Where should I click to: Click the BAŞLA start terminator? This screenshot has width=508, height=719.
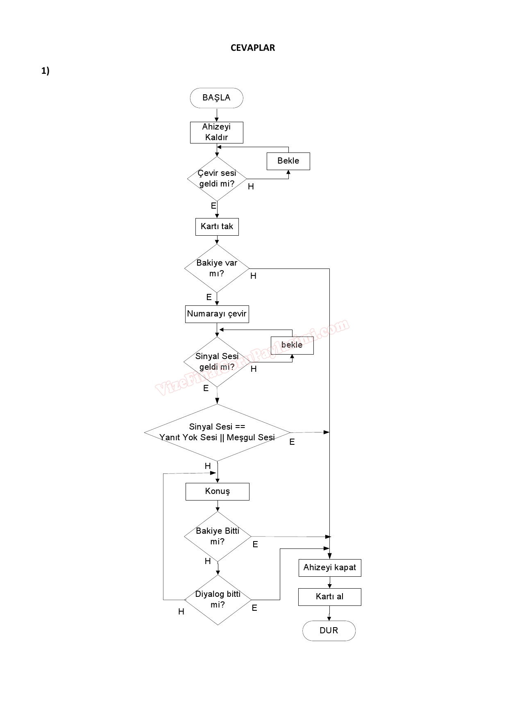[x=216, y=98]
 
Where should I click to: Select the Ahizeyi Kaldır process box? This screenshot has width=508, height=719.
[x=216, y=132]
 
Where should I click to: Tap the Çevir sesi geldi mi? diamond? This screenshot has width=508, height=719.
[x=217, y=179]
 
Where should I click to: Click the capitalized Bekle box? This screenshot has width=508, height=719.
[x=288, y=161]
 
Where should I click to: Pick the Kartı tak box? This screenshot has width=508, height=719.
[x=217, y=227]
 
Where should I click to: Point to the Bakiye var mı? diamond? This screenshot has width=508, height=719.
[x=217, y=268]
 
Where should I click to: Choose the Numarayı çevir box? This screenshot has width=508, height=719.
[x=217, y=314]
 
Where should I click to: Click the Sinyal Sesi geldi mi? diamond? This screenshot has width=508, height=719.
[x=217, y=362]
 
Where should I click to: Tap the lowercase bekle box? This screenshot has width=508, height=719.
[x=292, y=345]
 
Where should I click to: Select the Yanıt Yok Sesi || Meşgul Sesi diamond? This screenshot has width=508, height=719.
[x=217, y=432]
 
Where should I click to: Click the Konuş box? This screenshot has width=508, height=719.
[x=217, y=491]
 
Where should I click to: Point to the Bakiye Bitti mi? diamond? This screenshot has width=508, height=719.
[x=218, y=536]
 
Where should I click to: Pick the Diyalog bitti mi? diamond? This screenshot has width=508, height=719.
[x=218, y=600]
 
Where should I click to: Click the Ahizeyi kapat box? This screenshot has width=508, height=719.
[x=329, y=568]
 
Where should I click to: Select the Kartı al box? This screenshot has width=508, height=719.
[x=329, y=597]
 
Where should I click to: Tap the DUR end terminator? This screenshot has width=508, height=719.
[x=329, y=630]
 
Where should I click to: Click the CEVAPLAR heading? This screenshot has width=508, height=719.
[x=253, y=48]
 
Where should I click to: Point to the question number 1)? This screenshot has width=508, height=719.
[x=45, y=71]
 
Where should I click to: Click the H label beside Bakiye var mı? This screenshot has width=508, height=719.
[x=253, y=276]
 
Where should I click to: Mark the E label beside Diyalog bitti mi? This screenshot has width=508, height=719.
[x=254, y=608]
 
